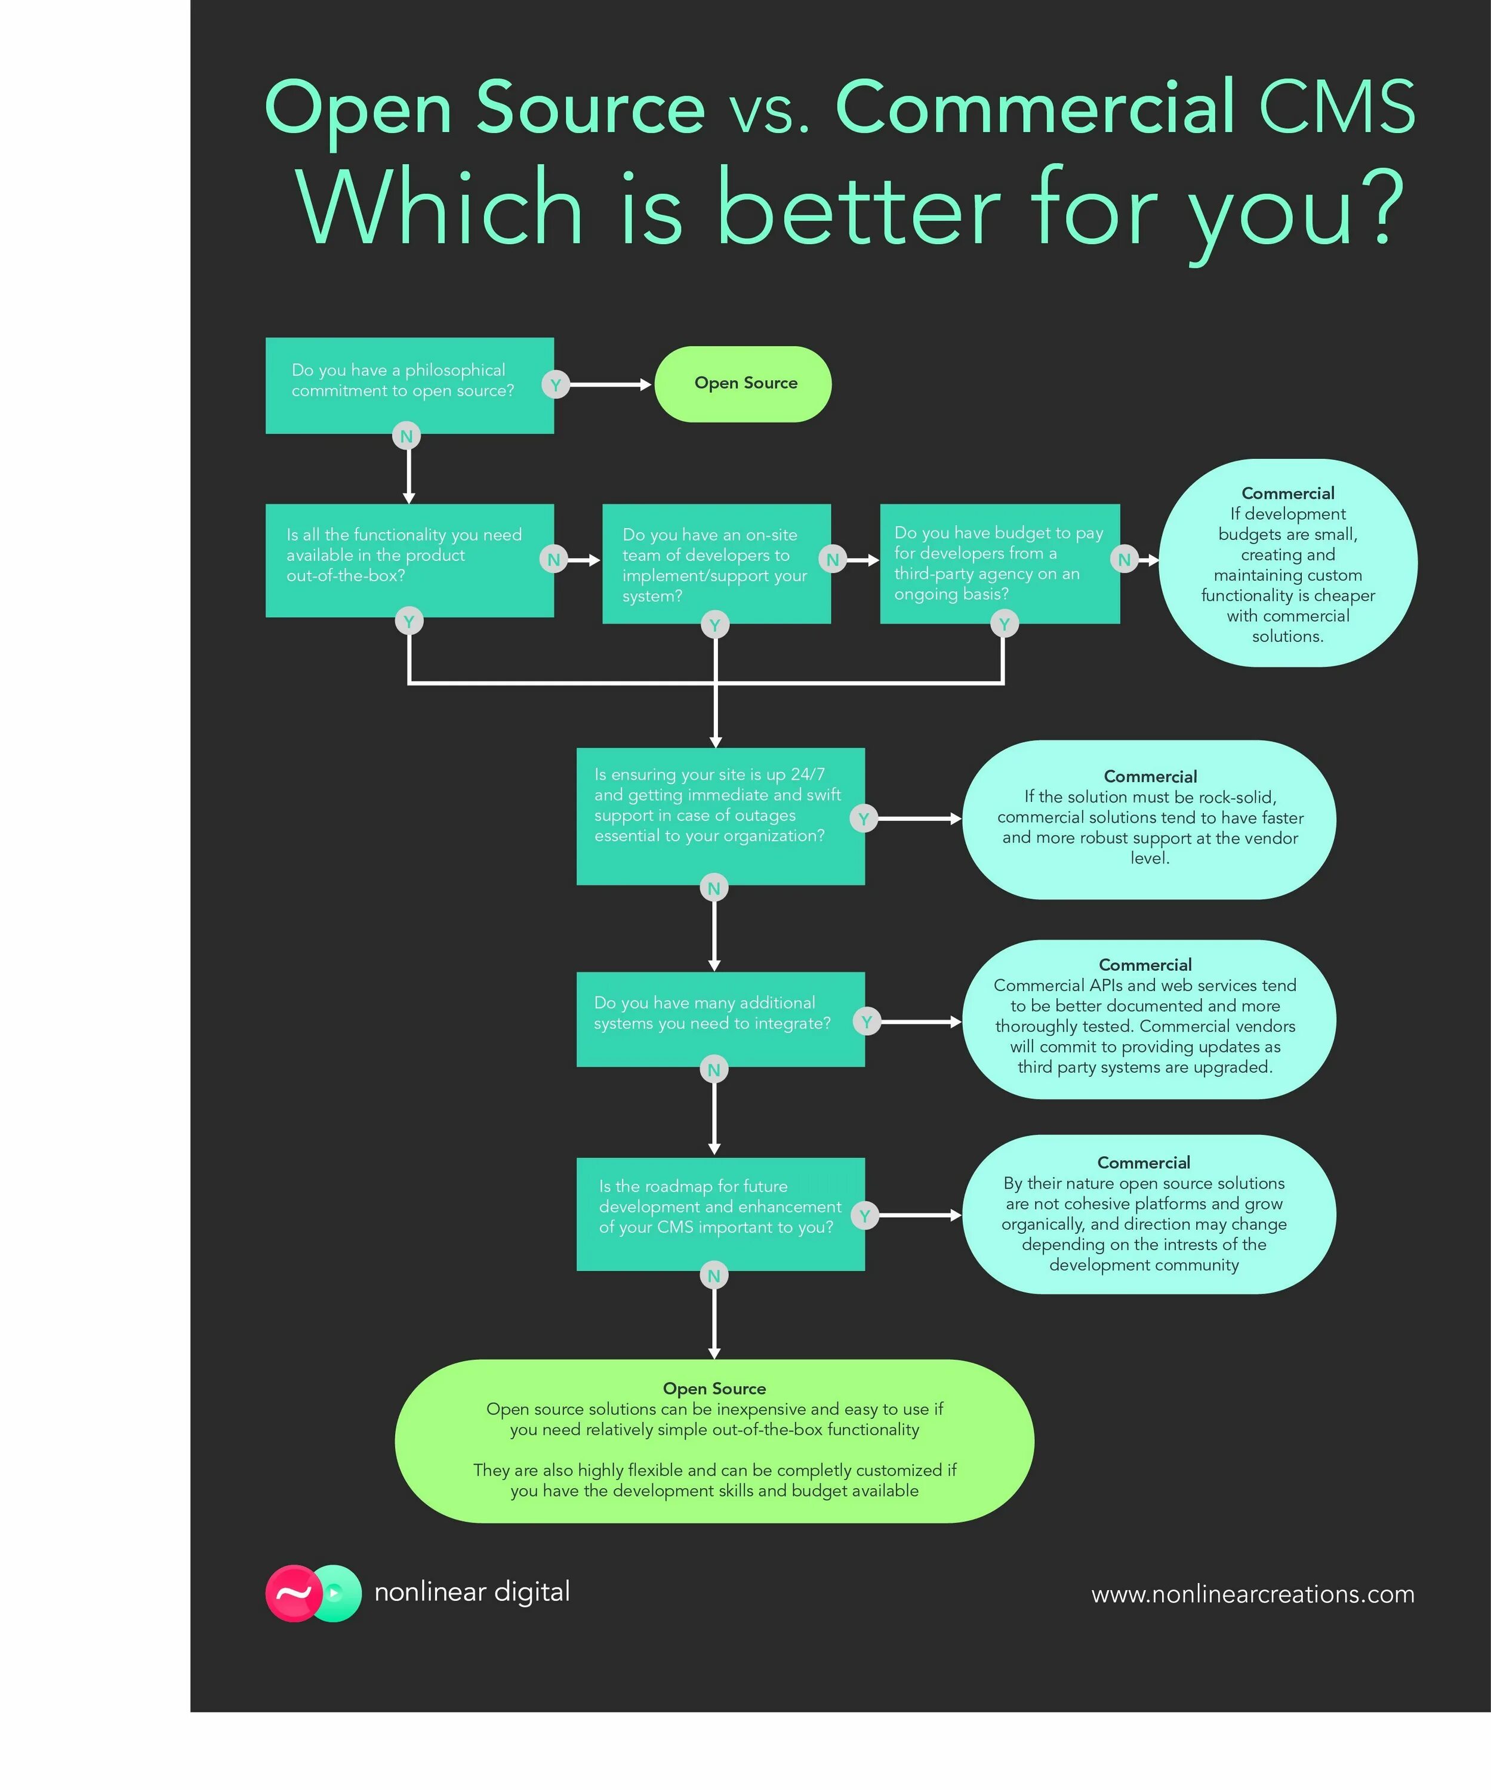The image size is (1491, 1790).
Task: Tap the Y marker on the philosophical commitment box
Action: click(555, 384)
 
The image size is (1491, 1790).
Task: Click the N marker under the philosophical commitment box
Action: click(406, 436)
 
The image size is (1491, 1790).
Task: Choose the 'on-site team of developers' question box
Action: click(716, 563)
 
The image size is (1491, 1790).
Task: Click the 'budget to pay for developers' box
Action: click(999, 563)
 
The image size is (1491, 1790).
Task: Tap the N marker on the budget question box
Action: click(1125, 559)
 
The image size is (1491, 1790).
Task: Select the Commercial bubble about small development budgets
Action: click(1287, 563)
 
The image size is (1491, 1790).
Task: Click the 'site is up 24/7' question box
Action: click(720, 816)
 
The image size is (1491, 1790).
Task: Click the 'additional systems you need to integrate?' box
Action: click(720, 1019)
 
